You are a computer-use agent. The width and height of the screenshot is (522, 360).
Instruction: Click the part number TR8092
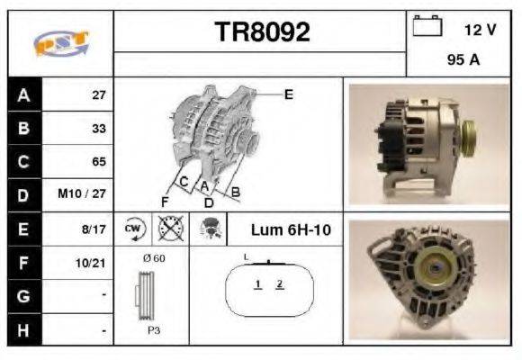pyautogui.click(x=262, y=33)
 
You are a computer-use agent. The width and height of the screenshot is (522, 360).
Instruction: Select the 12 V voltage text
pyautogui.click(x=480, y=30)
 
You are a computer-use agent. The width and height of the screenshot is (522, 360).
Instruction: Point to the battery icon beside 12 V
pyautogui.click(x=426, y=29)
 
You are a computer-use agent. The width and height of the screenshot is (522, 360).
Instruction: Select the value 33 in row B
pyautogui.click(x=98, y=129)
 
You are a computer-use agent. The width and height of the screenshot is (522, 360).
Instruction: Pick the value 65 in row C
pyautogui.click(x=98, y=162)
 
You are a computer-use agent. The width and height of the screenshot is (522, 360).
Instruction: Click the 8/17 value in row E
pyautogui.click(x=94, y=229)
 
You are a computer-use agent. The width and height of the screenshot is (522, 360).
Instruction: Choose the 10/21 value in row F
pyautogui.click(x=93, y=264)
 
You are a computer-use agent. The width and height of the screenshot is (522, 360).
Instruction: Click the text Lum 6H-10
pyautogui.click(x=291, y=230)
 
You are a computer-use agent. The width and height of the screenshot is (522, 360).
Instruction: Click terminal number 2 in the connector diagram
pyautogui.click(x=280, y=284)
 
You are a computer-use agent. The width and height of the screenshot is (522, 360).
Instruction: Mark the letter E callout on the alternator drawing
pyautogui.click(x=288, y=94)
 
